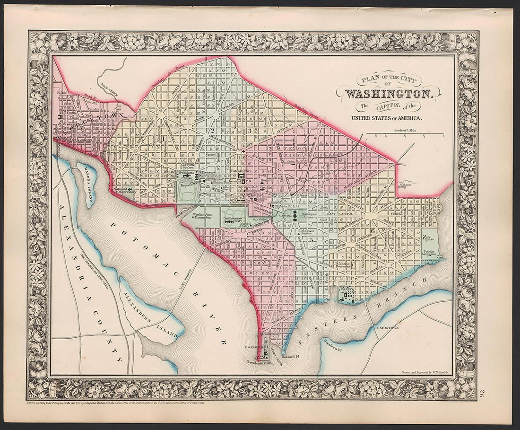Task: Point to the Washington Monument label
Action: (202, 216)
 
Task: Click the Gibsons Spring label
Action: (407, 186)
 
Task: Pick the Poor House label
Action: (430, 237)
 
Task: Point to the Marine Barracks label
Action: (344, 265)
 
